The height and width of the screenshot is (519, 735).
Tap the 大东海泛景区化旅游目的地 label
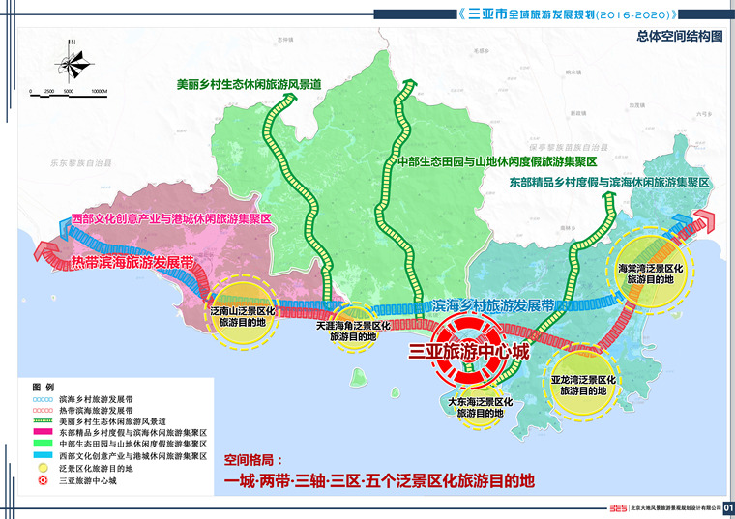tap(480, 407)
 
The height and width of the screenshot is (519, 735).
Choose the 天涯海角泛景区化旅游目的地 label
tap(353, 332)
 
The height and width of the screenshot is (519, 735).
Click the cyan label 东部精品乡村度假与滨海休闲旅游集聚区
tap(608, 182)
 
